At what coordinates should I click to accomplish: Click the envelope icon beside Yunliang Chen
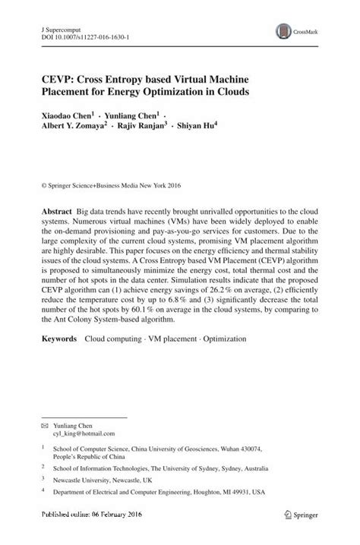pos(45,426)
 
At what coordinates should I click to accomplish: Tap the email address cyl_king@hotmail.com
pos(84,434)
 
